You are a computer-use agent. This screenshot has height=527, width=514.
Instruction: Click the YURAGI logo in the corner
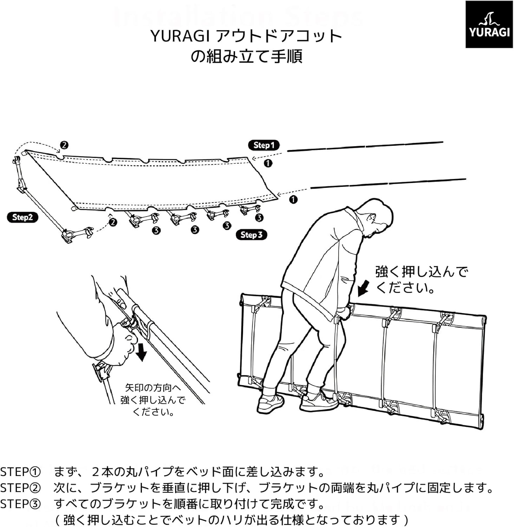point(489,24)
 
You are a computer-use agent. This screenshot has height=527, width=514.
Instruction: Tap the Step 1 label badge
point(264,145)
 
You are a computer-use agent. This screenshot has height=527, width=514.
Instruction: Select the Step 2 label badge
point(22,217)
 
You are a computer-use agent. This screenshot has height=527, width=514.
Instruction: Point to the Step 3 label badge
point(251,235)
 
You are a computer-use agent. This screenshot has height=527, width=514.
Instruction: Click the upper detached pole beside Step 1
point(365,147)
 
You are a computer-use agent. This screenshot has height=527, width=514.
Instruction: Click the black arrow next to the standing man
point(364,288)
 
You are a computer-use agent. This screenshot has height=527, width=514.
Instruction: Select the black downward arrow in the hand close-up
point(141,352)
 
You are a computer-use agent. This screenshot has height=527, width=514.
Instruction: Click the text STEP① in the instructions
point(20,472)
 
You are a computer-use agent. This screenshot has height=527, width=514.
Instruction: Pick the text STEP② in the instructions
point(20,488)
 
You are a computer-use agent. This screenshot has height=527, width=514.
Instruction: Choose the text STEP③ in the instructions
point(20,504)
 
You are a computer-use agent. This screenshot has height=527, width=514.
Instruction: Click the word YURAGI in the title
point(180,36)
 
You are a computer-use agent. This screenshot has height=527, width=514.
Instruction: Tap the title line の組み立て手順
point(246,56)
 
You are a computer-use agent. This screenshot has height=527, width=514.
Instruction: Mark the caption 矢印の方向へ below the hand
point(153,388)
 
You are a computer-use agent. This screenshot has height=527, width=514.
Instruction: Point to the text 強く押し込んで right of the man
point(422,272)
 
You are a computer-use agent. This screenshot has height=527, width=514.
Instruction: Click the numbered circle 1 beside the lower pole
point(293,200)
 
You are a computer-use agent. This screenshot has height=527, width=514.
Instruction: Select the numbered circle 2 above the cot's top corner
point(64,145)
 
